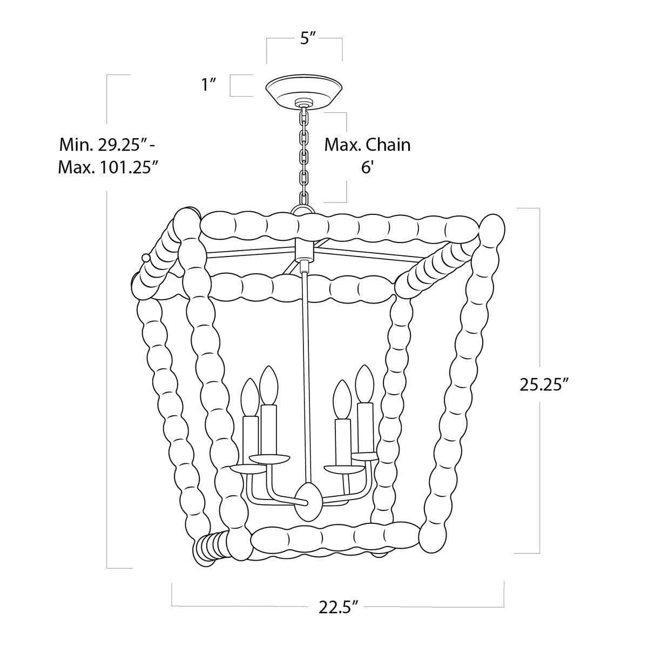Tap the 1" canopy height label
tap(208, 85)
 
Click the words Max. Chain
tap(367, 145)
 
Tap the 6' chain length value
tap(367, 168)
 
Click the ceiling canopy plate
tap(305, 91)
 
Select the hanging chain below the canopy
tap(305, 157)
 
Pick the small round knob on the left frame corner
tap(145, 258)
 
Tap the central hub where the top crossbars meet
tap(305, 251)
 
